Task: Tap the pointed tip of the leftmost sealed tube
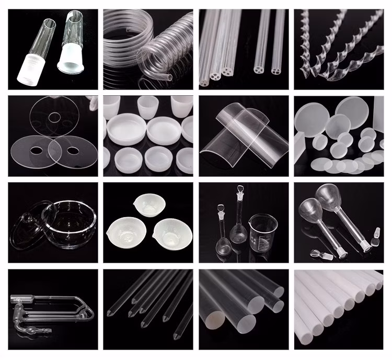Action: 109,313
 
